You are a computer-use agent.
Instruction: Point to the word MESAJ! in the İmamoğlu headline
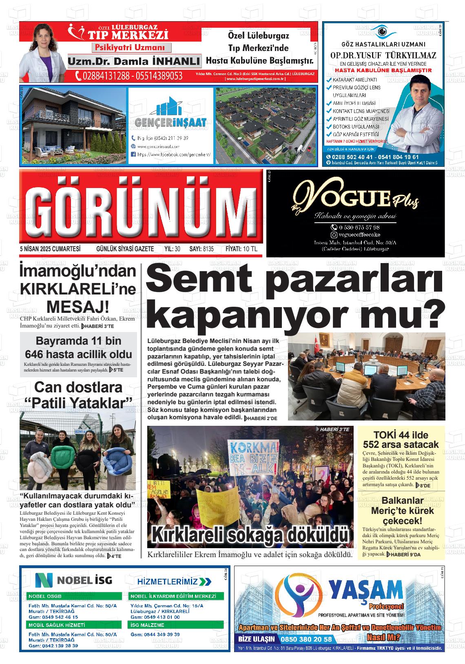78,306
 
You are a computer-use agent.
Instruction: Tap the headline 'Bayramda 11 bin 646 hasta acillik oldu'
78,347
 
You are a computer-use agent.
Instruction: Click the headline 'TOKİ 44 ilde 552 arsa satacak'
401,439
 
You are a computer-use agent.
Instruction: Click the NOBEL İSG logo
73,580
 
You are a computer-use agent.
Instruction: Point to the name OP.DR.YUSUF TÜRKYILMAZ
383,55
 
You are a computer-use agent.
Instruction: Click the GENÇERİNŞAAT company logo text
170,122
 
